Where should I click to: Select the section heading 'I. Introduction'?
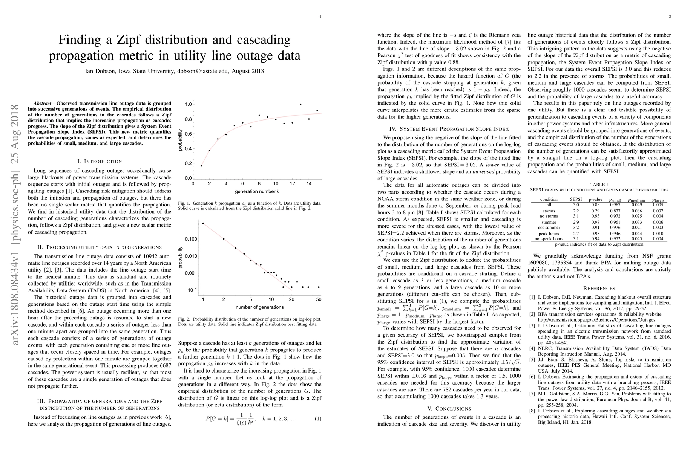(x=100, y=161)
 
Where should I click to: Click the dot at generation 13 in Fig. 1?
(x=300, y=104)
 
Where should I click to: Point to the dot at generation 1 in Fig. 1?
(x=201, y=166)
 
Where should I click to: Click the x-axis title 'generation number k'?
(x=257, y=192)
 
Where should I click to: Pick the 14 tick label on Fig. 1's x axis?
(x=309, y=184)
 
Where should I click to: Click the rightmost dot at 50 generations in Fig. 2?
(x=319, y=287)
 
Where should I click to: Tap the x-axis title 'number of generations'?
(x=259, y=307)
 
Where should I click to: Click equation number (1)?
(x=318, y=418)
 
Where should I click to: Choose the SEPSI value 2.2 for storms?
(x=576, y=211)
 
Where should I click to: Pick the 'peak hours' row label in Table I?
(x=549, y=234)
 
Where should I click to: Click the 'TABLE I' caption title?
(x=599, y=185)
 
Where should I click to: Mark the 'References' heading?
(x=599, y=288)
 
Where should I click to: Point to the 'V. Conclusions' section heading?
(x=449, y=409)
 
